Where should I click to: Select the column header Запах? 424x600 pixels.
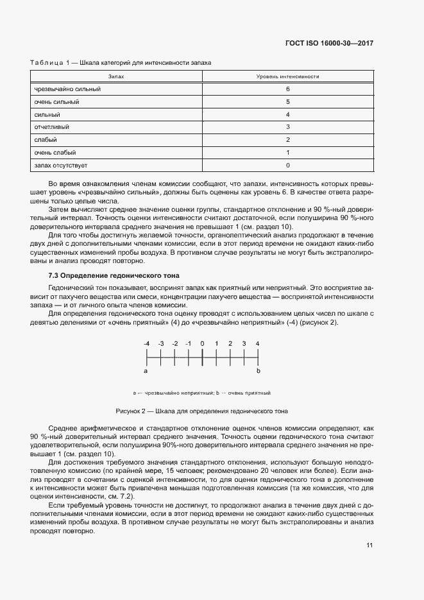click(116, 76)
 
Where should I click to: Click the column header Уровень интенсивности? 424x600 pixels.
click(288, 76)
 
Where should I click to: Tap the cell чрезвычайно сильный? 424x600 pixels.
click(67, 89)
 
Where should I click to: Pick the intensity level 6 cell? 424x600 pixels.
click(288, 89)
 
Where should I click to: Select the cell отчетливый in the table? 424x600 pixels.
click(52, 127)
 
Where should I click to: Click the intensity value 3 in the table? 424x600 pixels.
click(288, 127)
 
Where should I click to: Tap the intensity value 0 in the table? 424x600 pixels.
click(288, 165)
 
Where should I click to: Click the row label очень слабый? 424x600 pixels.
click(55, 153)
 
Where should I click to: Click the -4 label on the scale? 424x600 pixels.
click(147, 344)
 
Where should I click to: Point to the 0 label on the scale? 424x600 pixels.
click(202, 344)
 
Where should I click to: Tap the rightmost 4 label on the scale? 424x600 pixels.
click(258, 344)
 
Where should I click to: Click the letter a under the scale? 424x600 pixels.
click(146, 371)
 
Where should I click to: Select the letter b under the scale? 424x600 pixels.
click(258, 371)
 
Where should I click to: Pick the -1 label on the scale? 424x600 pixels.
click(188, 344)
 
